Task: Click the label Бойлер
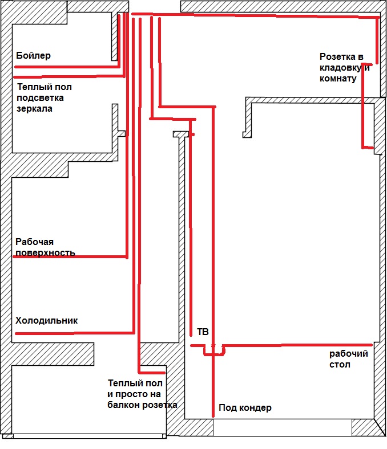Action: pyautogui.click(x=34, y=56)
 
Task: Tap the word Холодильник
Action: pyautogui.click(x=47, y=321)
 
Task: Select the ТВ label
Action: pyautogui.click(x=203, y=332)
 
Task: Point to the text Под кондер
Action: pyautogui.click(x=244, y=408)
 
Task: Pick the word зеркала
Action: pyautogui.click(x=35, y=108)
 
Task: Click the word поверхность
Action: pyautogui.click(x=46, y=252)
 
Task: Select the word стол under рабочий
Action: pyautogui.click(x=340, y=365)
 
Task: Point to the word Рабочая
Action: pyautogui.click(x=34, y=242)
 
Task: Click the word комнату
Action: pyautogui.click(x=338, y=79)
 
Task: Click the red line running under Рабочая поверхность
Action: pyautogui.click(x=68, y=257)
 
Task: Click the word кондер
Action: pyautogui.click(x=256, y=408)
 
